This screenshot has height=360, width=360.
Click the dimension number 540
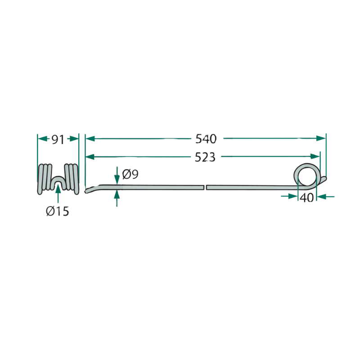coord(206,139)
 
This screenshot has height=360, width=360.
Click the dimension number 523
coord(205,157)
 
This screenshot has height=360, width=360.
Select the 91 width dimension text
coord(58,139)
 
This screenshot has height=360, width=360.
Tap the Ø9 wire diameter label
coord(130,174)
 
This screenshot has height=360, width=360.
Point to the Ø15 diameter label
coord(58,211)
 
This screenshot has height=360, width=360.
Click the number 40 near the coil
coord(307,198)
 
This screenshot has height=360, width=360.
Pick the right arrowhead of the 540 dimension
coord(321,138)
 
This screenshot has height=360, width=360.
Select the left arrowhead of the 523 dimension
coord(90,157)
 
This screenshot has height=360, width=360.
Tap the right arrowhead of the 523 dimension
coord(315,156)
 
